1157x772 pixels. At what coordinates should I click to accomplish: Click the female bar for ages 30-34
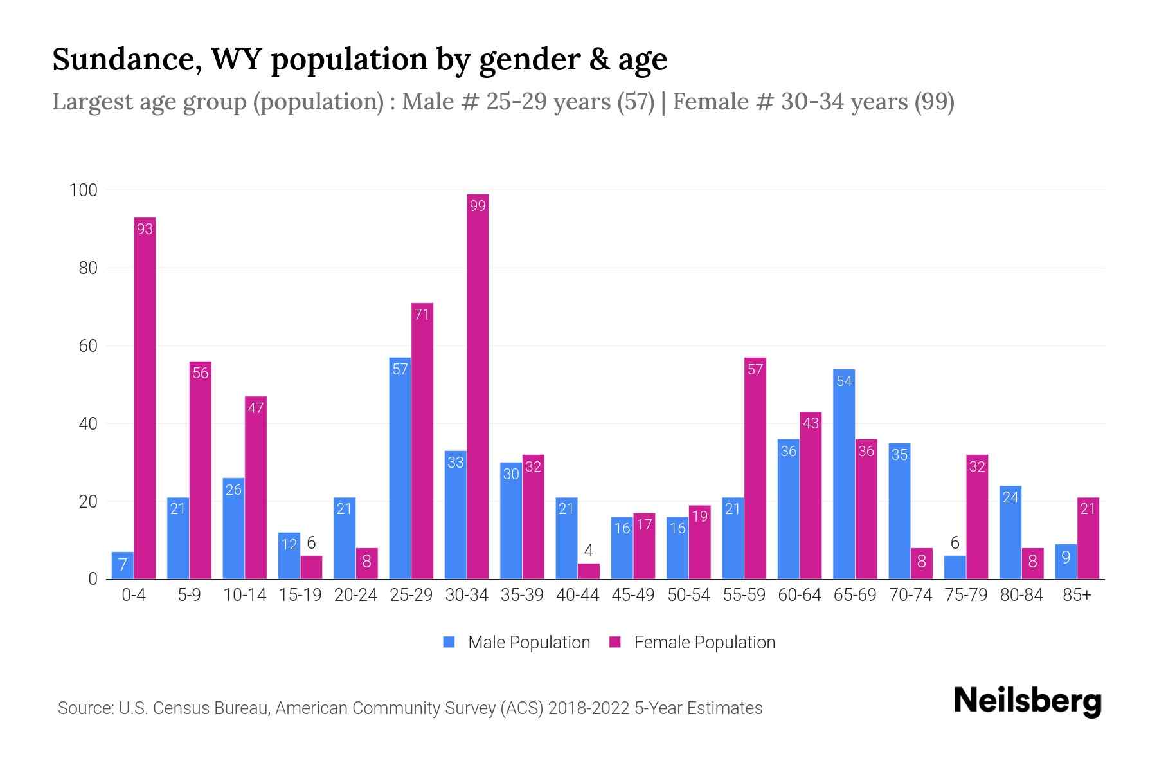tap(478, 386)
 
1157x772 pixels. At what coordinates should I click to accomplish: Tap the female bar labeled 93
tap(145, 399)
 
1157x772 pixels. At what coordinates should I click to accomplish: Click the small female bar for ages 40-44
tap(589, 571)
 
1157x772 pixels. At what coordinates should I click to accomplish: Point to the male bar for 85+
tap(1066, 562)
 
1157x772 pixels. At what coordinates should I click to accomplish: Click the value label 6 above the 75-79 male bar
tap(955, 543)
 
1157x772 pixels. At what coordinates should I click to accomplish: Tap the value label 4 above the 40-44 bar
tap(589, 551)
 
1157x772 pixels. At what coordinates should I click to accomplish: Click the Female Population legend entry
tap(692, 642)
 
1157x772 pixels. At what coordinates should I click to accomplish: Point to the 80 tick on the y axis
tap(88, 268)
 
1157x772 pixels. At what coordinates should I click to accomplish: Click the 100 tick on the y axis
tap(84, 190)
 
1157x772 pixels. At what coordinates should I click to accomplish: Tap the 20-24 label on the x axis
tap(355, 595)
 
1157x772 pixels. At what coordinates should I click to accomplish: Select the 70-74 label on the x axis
tap(910, 595)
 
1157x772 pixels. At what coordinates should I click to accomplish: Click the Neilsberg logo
tap(1027, 701)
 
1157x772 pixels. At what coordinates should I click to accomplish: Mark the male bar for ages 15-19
tap(289, 556)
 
